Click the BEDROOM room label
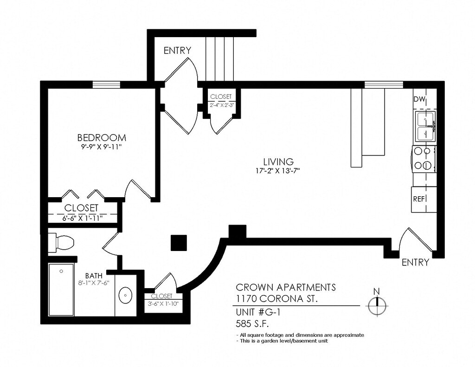click(x=102, y=138)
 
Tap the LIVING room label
click(x=278, y=162)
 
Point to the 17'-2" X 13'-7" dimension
click(x=277, y=171)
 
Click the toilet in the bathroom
click(x=62, y=243)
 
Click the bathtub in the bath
click(x=61, y=290)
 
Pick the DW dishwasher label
click(x=419, y=99)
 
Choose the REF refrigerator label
click(x=419, y=199)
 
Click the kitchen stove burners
click(x=424, y=158)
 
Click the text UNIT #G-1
click(x=258, y=312)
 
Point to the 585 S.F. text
click(x=252, y=324)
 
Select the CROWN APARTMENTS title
click(x=286, y=287)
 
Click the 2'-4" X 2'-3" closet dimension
click(x=221, y=105)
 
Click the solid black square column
click(x=179, y=243)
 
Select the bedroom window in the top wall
click(x=106, y=84)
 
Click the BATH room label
click(x=94, y=276)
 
